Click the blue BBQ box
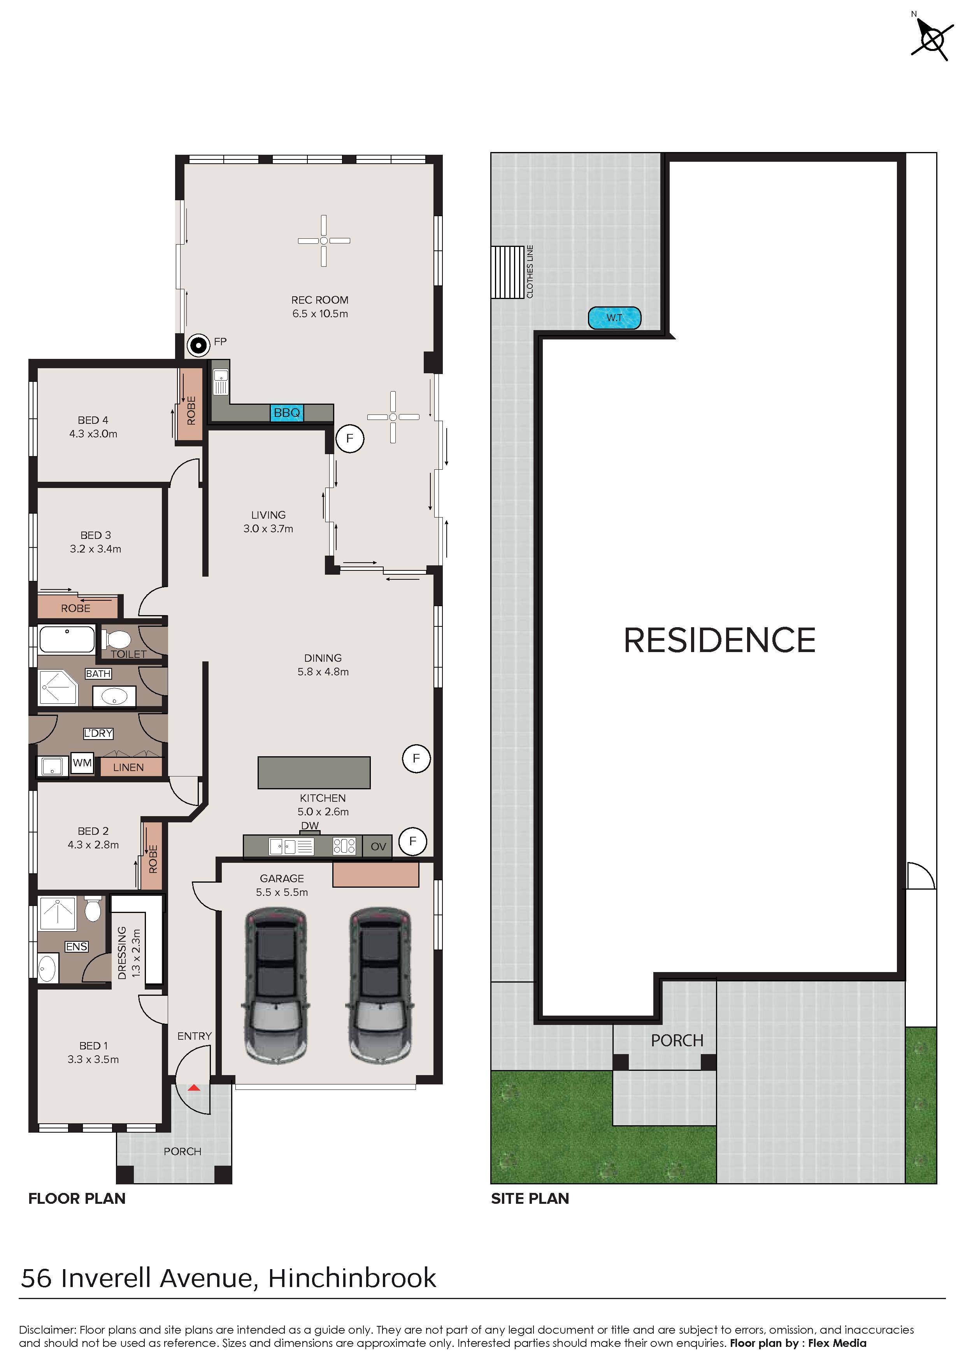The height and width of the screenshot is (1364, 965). [x=287, y=413]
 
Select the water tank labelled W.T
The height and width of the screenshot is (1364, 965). [x=614, y=318]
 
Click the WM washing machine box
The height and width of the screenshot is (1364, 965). [x=82, y=763]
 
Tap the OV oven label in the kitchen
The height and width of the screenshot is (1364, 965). [x=378, y=846]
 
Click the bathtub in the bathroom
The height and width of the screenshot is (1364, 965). [x=67, y=639]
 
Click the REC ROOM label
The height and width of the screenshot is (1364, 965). [x=320, y=301]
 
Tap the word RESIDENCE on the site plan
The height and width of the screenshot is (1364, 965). [x=719, y=640]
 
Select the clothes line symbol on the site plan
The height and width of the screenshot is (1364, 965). [x=507, y=272]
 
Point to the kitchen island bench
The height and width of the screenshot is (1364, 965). [x=314, y=772]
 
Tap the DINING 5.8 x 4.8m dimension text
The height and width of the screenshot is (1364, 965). [x=323, y=672]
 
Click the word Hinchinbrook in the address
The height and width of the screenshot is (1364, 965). [x=352, y=1278]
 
